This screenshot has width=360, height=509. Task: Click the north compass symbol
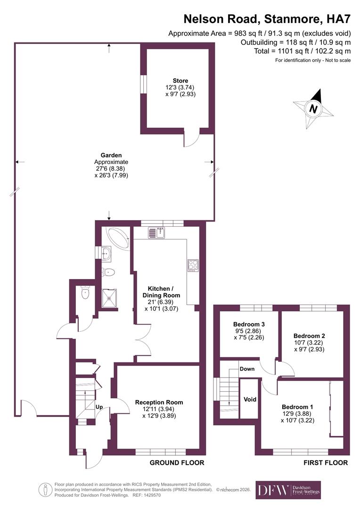312,109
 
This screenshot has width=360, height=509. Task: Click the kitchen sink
156,232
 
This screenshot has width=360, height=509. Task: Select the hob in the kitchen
193,265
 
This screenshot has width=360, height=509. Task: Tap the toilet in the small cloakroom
85,293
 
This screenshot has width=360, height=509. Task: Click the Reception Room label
159,402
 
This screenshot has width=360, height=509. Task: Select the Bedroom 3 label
249,324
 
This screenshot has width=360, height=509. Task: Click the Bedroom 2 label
309,336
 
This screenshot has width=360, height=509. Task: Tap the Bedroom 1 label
297,407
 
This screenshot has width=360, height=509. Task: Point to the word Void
250,399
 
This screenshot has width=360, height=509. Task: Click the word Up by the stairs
99,406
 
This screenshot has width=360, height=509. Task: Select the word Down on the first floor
247,369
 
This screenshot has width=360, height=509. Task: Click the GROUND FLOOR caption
177,463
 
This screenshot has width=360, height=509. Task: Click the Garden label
111,155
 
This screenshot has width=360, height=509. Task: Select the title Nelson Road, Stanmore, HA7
267,19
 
